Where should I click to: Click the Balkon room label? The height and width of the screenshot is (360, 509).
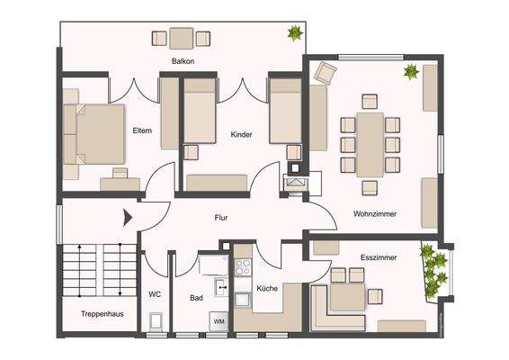(183, 61)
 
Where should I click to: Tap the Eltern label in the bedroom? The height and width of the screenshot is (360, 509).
(142, 131)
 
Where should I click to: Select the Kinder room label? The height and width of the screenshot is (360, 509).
(241, 134)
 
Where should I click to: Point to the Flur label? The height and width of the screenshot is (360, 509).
(221, 217)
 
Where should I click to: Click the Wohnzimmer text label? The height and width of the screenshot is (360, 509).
(375, 213)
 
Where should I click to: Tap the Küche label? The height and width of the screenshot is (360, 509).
(267, 288)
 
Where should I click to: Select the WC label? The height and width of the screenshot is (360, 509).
(154, 293)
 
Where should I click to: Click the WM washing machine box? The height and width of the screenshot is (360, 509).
(219, 320)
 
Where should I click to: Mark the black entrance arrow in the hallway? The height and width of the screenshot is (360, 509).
(128, 216)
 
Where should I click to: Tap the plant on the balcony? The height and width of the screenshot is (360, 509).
(293, 33)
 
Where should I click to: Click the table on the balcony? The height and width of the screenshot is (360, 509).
(181, 38)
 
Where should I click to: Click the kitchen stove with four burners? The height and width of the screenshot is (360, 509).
(242, 266)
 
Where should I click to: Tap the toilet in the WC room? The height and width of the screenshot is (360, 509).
(156, 320)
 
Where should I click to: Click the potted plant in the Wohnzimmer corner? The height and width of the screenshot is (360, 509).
(413, 71)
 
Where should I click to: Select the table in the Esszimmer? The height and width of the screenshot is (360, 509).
(345, 293)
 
